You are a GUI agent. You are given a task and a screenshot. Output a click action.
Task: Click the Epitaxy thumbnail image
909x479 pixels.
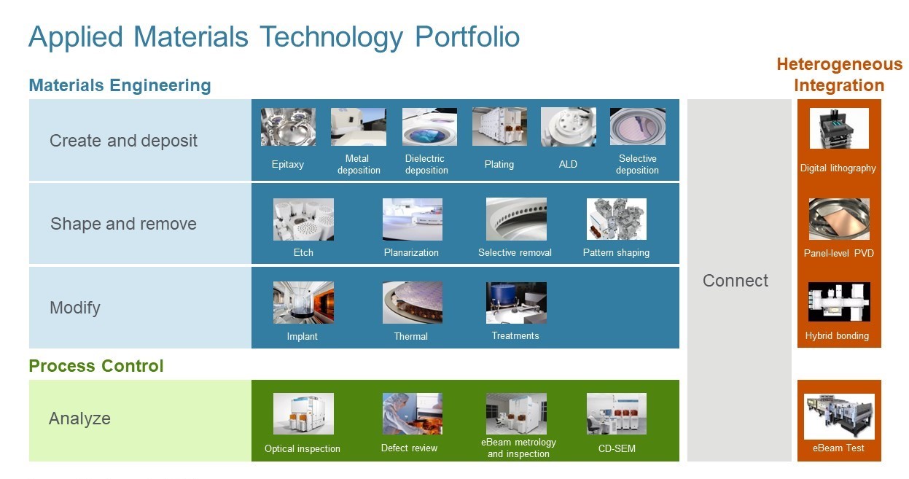coord(288,127)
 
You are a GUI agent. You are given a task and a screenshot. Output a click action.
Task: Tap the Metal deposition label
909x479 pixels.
coord(358,164)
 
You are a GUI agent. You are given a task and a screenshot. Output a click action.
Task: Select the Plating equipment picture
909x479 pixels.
coord(499,127)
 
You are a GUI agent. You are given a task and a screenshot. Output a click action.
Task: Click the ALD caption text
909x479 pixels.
coord(568,164)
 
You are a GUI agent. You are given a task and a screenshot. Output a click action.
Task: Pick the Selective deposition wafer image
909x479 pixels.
coord(637,127)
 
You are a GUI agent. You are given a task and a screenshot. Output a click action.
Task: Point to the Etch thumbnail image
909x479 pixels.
coord(303,219)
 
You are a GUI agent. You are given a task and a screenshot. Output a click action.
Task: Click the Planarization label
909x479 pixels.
coord(411,252)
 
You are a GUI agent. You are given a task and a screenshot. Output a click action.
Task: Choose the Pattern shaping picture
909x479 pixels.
coord(616,219)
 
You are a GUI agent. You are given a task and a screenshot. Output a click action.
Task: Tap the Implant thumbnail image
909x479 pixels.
coord(303,303)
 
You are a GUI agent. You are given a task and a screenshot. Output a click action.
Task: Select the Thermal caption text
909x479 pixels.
coord(411,336)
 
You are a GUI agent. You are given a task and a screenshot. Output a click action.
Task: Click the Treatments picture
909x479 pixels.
coord(516,303)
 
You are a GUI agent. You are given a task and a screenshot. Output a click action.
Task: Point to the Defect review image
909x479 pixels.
coord(412,414)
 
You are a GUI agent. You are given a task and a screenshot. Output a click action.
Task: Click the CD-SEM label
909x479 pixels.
coord(616,448)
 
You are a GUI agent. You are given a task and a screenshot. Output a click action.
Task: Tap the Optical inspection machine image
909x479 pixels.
coord(303,414)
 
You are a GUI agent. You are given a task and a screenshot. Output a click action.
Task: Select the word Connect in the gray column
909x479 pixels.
coord(735,281)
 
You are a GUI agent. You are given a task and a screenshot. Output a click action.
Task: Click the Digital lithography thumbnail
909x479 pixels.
coord(838,128)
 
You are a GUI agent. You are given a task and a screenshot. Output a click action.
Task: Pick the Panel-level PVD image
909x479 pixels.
coord(838,219)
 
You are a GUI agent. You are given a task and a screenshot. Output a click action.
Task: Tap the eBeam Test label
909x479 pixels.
coord(838,448)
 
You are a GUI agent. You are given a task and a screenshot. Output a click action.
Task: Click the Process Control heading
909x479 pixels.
coord(96,366)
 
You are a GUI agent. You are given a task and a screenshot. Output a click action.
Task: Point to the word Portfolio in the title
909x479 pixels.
coord(467,36)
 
